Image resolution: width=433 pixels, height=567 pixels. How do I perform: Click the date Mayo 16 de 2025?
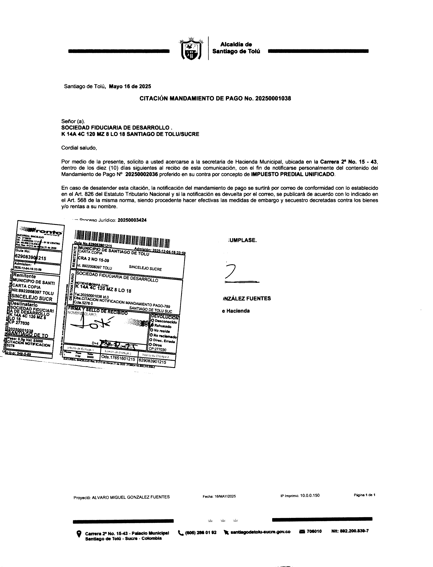pos(130,87)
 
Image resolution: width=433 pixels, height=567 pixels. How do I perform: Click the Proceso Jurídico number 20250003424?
pos(132,220)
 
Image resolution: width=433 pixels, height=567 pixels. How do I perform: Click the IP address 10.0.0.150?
pos(310,495)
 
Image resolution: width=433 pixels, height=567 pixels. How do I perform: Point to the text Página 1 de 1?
pos(364,495)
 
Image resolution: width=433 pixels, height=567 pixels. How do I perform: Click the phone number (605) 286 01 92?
pos(201,532)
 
